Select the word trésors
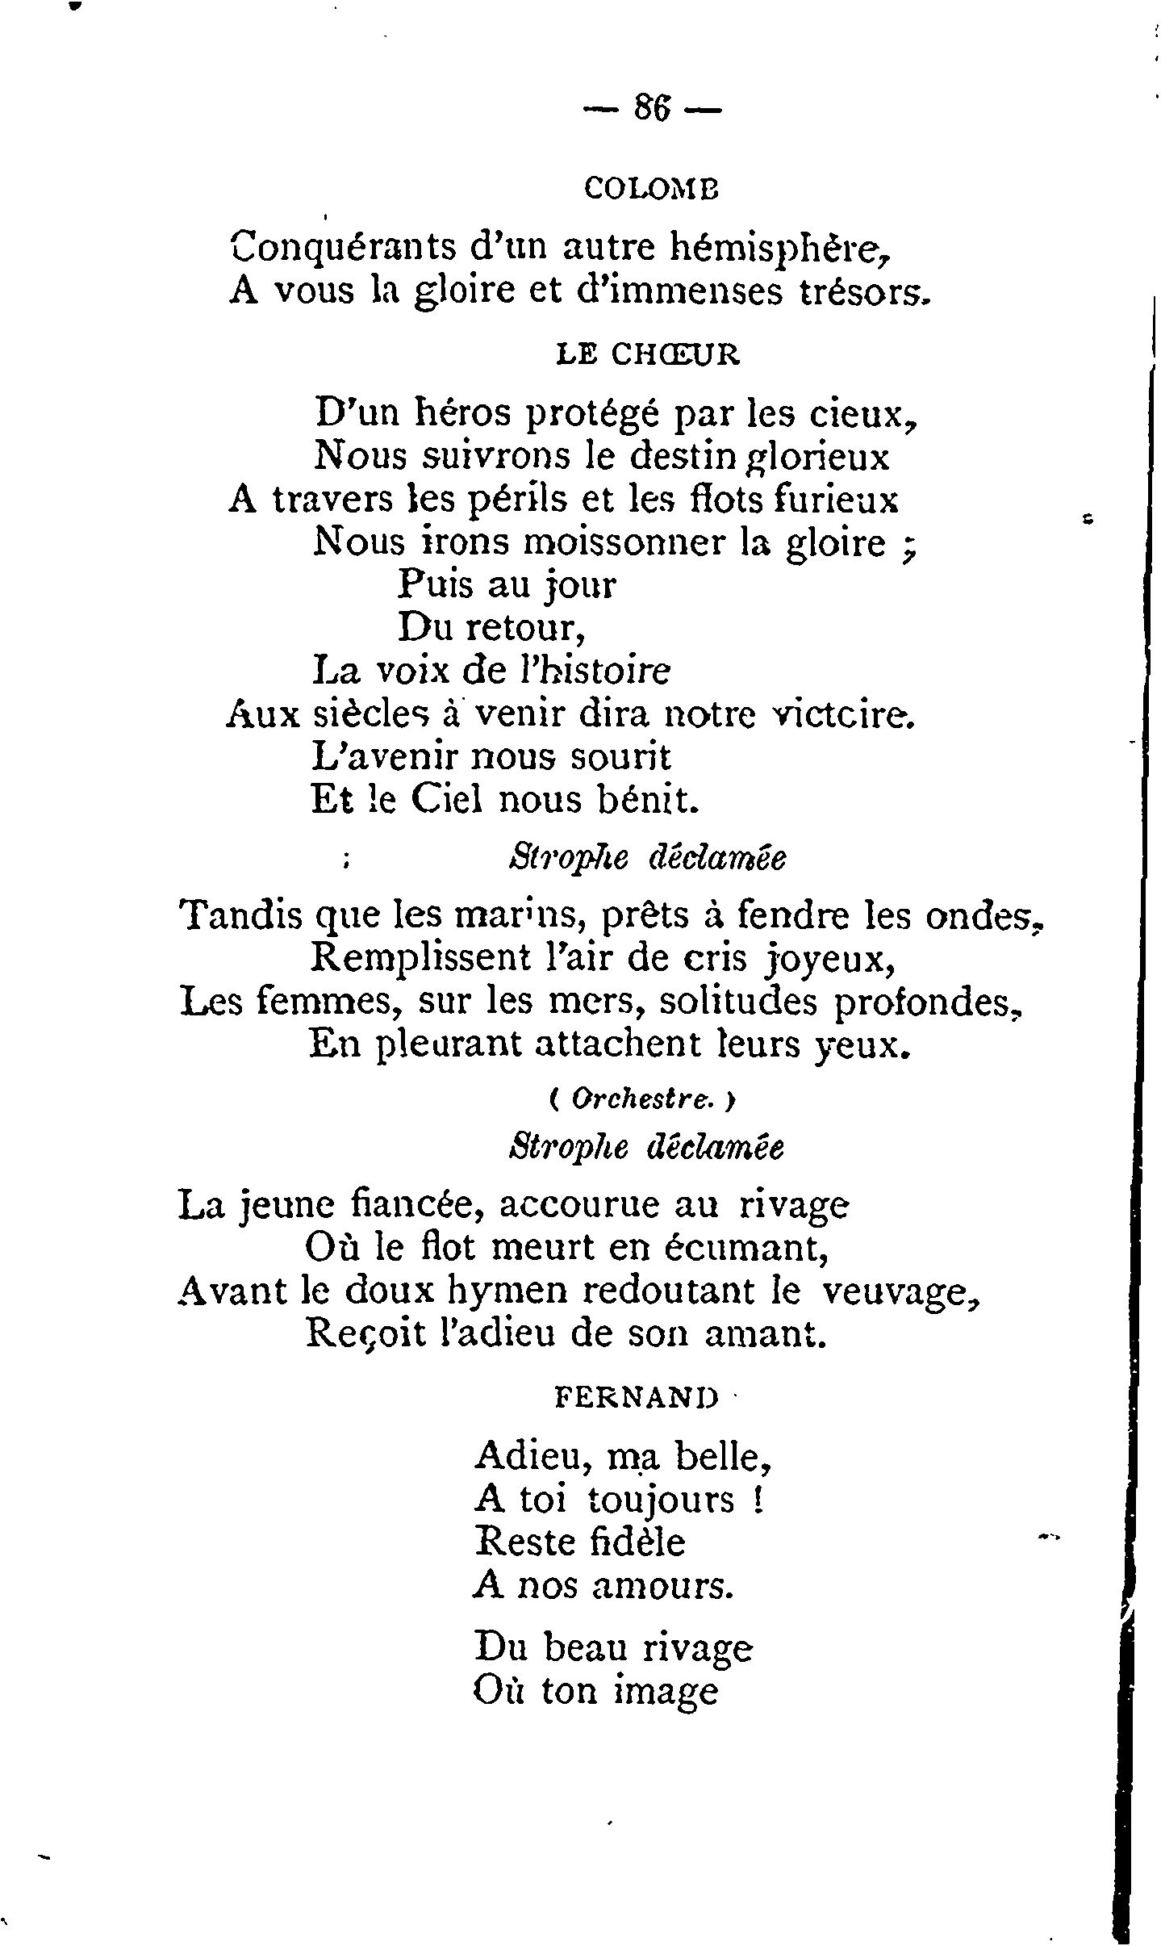861,291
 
